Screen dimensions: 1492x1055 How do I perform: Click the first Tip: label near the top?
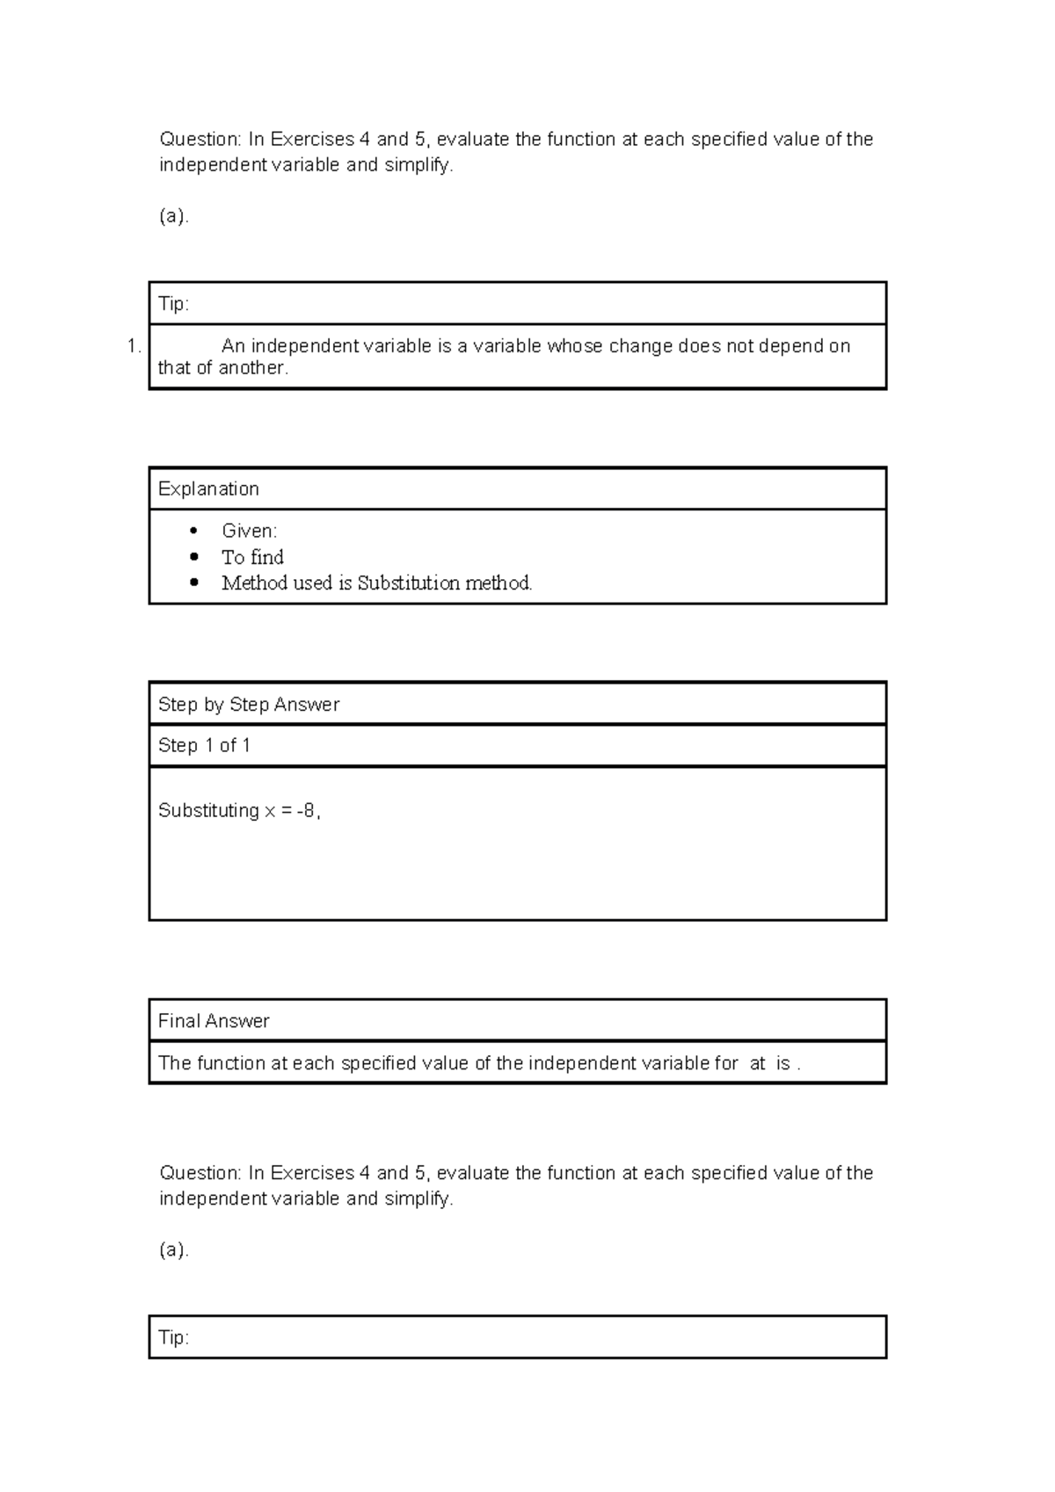coord(173,304)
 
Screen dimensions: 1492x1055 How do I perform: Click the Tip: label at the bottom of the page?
coord(173,1337)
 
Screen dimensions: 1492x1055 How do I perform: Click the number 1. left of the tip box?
coord(134,346)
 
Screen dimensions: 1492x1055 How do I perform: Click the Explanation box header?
coord(208,489)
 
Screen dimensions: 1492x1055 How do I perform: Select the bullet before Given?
coord(194,531)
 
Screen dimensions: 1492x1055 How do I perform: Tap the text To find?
coord(252,557)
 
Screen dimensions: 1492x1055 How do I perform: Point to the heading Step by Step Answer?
coord(248,704)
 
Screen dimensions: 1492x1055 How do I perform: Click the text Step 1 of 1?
coord(204,745)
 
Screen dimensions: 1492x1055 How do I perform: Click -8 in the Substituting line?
coord(306,810)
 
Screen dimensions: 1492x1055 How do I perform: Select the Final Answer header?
coord(214,1020)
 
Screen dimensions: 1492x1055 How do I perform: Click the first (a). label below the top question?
coord(173,216)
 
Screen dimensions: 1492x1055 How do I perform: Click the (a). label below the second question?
coord(173,1249)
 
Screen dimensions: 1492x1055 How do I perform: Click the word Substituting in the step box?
coord(208,810)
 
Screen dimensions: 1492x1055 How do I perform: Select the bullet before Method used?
coord(194,583)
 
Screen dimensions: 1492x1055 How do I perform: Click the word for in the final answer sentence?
coord(726,1063)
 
